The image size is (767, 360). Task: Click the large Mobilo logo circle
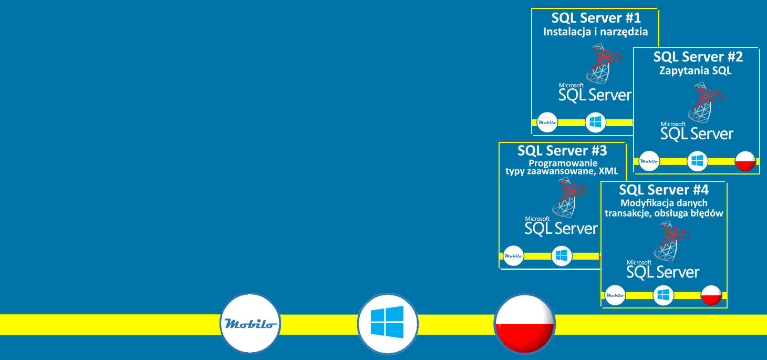250,323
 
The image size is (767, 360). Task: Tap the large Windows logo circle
388,323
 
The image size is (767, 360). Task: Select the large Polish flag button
525,324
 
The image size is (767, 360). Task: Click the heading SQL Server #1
596,18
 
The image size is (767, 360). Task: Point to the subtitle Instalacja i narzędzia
595,32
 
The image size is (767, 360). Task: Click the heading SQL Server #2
698,57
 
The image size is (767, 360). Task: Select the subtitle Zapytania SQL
695,70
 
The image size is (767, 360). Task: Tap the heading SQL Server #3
562,151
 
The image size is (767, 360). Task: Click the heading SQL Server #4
664,190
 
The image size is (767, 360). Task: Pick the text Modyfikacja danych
664,203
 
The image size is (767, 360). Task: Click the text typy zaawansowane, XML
562,171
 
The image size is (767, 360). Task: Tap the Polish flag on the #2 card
745,161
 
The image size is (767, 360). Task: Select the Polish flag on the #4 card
711,295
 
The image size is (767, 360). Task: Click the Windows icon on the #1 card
595,122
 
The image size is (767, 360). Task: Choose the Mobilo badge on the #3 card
513,255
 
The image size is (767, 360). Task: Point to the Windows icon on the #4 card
664,295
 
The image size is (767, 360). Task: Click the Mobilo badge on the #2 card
649,161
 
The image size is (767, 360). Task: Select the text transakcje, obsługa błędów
664,213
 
